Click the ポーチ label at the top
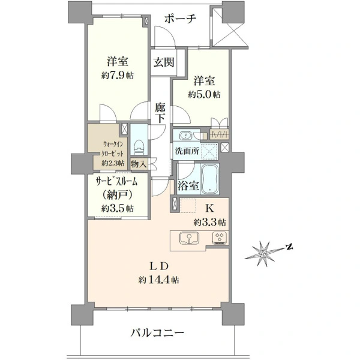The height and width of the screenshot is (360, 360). coord(181,19)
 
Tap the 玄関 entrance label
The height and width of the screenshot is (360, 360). coord(164,62)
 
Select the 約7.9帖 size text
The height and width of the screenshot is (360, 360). coord(118,76)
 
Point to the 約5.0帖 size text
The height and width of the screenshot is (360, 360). coord(205,94)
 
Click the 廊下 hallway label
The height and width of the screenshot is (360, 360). coord(160,113)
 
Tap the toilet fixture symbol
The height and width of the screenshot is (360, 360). coord(139,147)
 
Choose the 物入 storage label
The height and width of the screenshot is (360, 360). coord(139,164)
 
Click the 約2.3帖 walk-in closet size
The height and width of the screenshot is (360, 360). coord(113,163)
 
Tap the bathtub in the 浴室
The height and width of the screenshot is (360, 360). coord(209,179)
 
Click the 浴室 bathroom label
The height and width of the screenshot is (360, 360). coord(188,186)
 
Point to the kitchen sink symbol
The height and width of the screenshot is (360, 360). coord(190,238)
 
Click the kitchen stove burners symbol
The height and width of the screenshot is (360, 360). coord(220,238)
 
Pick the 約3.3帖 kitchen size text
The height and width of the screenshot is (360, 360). coord(209,222)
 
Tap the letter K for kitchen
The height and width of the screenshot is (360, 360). coord(209,208)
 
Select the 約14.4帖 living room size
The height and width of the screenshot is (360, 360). coord(159,280)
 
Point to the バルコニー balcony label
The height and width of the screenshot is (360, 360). coord(157,332)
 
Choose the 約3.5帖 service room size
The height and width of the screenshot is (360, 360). coord(118,208)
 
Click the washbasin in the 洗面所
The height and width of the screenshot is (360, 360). coord(185,136)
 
